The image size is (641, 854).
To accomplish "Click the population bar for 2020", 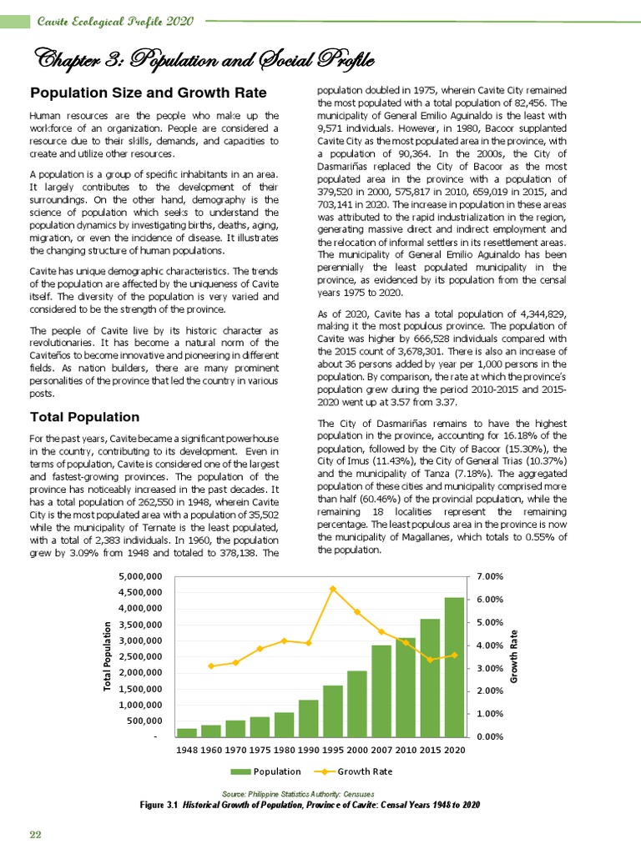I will tap(454, 667).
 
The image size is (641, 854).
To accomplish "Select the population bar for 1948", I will tap(187, 732).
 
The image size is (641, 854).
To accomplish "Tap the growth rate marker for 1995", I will tap(333, 589).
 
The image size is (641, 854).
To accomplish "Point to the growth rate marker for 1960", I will tap(211, 666).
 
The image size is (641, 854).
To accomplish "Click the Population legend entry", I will tap(266, 771).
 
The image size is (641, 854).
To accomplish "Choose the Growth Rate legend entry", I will tap(359, 771).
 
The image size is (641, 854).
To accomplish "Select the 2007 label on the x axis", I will tap(381, 751).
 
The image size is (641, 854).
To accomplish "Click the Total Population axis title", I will tap(108, 656).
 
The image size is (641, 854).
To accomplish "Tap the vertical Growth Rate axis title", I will tap(517, 656).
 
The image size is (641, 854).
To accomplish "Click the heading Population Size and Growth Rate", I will tap(149, 92).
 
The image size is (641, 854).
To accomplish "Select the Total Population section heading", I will tap(84, 416).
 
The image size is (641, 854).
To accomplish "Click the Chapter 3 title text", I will tap(200, 59).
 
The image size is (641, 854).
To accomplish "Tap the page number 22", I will tap(36, 835).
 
